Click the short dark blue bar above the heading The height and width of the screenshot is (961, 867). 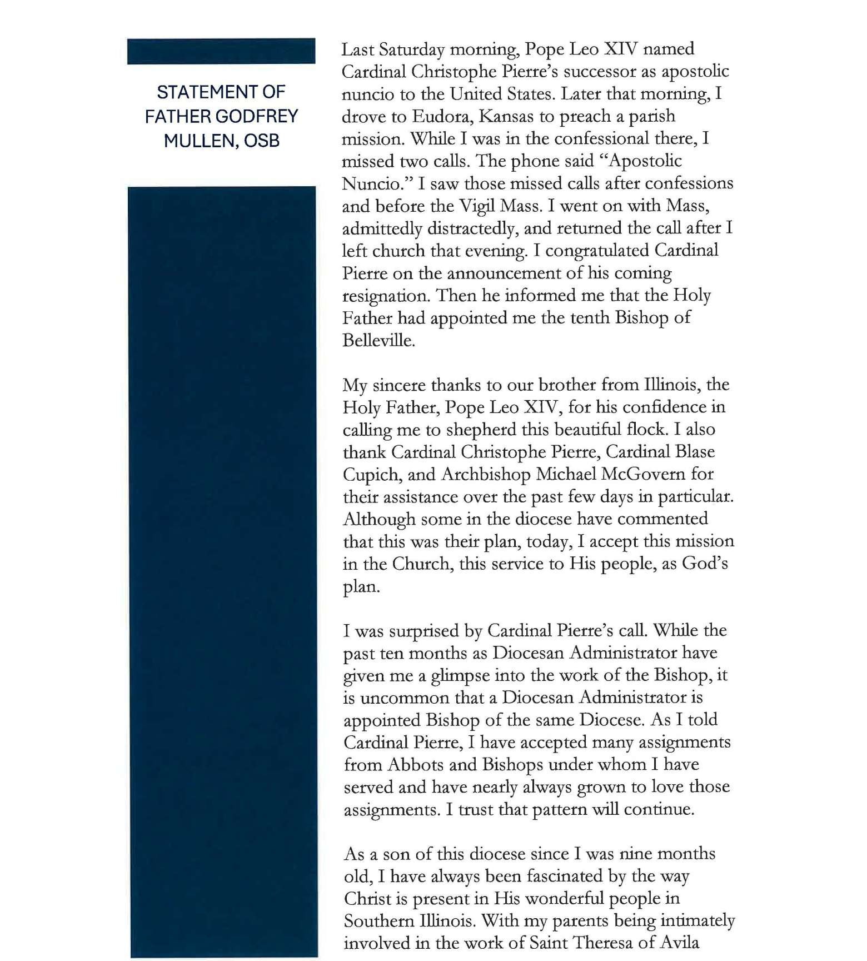tap(221, 51)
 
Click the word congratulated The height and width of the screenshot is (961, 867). tap(597, 251)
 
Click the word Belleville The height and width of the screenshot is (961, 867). tap(378, 341)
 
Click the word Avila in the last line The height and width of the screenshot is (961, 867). tap(677, 943)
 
